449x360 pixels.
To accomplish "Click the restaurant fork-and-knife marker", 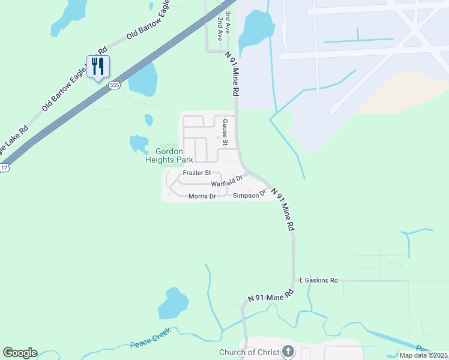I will click(98, 66).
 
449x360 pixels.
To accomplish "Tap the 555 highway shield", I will click(114, 86).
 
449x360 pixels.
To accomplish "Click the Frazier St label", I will click(197, 173).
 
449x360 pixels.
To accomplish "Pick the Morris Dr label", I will click(202, 196).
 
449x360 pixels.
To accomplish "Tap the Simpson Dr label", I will click(249, 195).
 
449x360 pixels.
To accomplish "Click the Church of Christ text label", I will click(249, 352).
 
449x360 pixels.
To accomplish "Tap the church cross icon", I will click(288, 352).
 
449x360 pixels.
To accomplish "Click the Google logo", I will click(20, 353).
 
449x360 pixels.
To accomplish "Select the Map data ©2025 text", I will click(423, 355).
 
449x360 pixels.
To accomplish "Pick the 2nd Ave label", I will click(220, 28).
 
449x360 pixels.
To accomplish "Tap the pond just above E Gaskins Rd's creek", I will click(173, 304).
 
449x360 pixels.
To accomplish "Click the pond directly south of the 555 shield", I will click(143, 79).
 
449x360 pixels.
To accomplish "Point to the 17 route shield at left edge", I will click(4, 168).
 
